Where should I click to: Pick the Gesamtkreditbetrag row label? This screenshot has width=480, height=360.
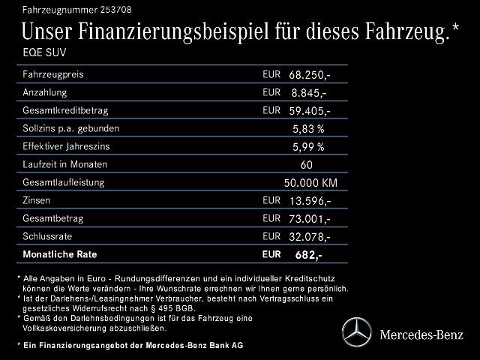click(x=65, y=110)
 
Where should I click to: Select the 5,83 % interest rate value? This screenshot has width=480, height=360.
click(x=308, y=129)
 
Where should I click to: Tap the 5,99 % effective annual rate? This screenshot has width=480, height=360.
click(x=308, y=147)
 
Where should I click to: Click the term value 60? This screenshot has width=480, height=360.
click(x=306, y=165)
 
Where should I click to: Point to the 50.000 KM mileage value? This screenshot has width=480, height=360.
click(x=310, y=183)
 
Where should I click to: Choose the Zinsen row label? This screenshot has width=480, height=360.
click(x=40, y=200)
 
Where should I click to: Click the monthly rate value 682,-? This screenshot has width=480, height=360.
click(x=309, y=255)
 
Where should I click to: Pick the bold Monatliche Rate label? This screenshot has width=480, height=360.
click(x=60, y=254)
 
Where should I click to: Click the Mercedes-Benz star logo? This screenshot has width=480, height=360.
click(x=356, y=331)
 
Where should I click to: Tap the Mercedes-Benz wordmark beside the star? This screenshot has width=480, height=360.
click(x=421, y=332)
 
